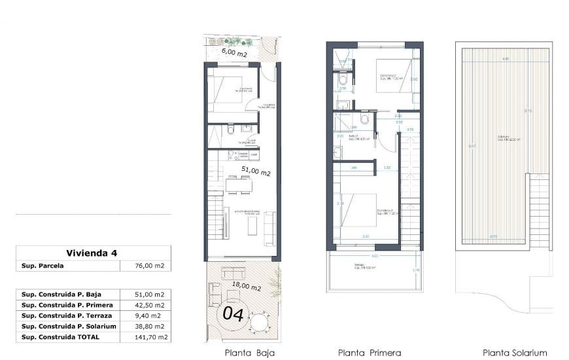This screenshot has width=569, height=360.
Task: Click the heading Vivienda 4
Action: click(92, 253)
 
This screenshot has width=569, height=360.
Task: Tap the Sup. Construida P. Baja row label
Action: click(61, 295)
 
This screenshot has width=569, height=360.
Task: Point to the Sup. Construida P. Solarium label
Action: click(69, 326)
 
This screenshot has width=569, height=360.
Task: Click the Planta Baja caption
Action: click(249, 352)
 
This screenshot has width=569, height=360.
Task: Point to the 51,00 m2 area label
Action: click(256, 171)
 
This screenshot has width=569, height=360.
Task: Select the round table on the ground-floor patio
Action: click(260, 322)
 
